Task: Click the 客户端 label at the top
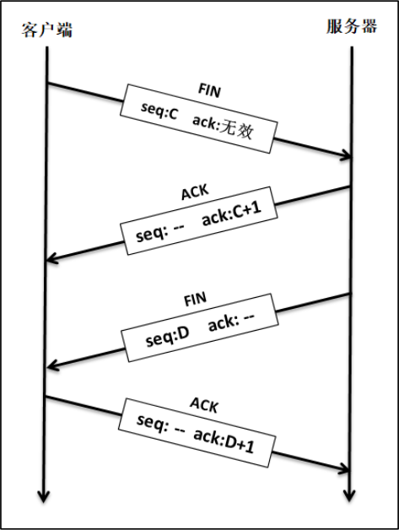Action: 47,30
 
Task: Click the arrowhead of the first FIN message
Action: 346,156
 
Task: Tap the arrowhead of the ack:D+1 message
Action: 346,468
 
